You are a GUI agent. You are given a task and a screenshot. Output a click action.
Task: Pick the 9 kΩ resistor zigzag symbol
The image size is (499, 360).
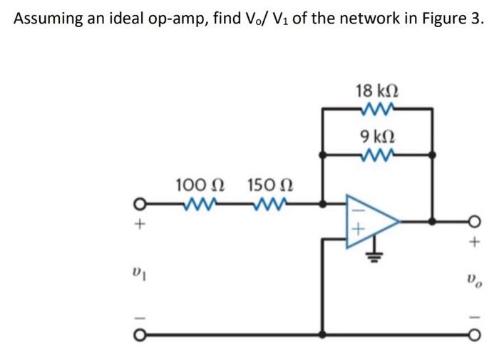tap(376, 154)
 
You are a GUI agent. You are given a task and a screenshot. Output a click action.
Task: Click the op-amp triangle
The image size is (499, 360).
tap(369, 220)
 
